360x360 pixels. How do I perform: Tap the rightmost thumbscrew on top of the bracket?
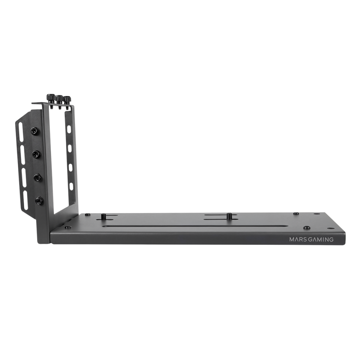point(67,100)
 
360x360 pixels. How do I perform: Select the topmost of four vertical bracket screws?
point(34,130)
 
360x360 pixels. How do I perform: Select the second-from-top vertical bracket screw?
point(37,154)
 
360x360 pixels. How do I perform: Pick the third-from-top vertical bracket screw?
point(37,178)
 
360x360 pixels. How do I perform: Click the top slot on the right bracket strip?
point(68,130)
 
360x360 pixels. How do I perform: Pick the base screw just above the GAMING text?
point(307,227)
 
